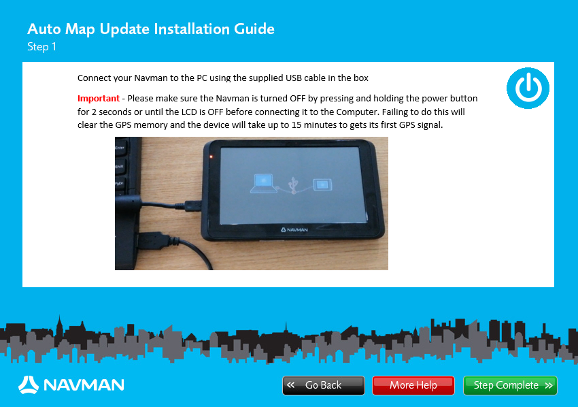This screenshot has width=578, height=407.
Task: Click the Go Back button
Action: pos(323,385)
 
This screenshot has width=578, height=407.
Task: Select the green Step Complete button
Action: pos(510,385)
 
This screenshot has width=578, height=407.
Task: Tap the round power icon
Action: pos(528,88)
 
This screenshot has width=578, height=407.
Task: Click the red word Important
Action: pos(99,99)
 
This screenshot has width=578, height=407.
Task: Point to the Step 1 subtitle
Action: pos(41,47)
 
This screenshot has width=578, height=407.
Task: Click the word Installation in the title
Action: pos(192,29)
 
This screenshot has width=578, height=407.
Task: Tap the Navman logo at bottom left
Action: pos(71,385)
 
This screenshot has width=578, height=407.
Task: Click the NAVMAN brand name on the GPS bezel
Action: pos(294,229)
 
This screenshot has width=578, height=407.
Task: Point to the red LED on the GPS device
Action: pos(211,157)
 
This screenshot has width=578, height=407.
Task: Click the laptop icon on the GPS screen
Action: pos(264,183)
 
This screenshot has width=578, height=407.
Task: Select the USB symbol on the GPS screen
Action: pos(294,185)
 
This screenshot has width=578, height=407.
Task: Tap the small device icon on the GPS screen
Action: pos(322,184)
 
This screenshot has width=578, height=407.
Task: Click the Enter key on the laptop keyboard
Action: pos(120,148)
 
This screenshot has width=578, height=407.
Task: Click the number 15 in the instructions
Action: pos(296,125)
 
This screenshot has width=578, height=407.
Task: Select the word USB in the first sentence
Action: pos(294,78)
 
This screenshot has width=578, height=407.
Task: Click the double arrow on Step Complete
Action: pos(549,385)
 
